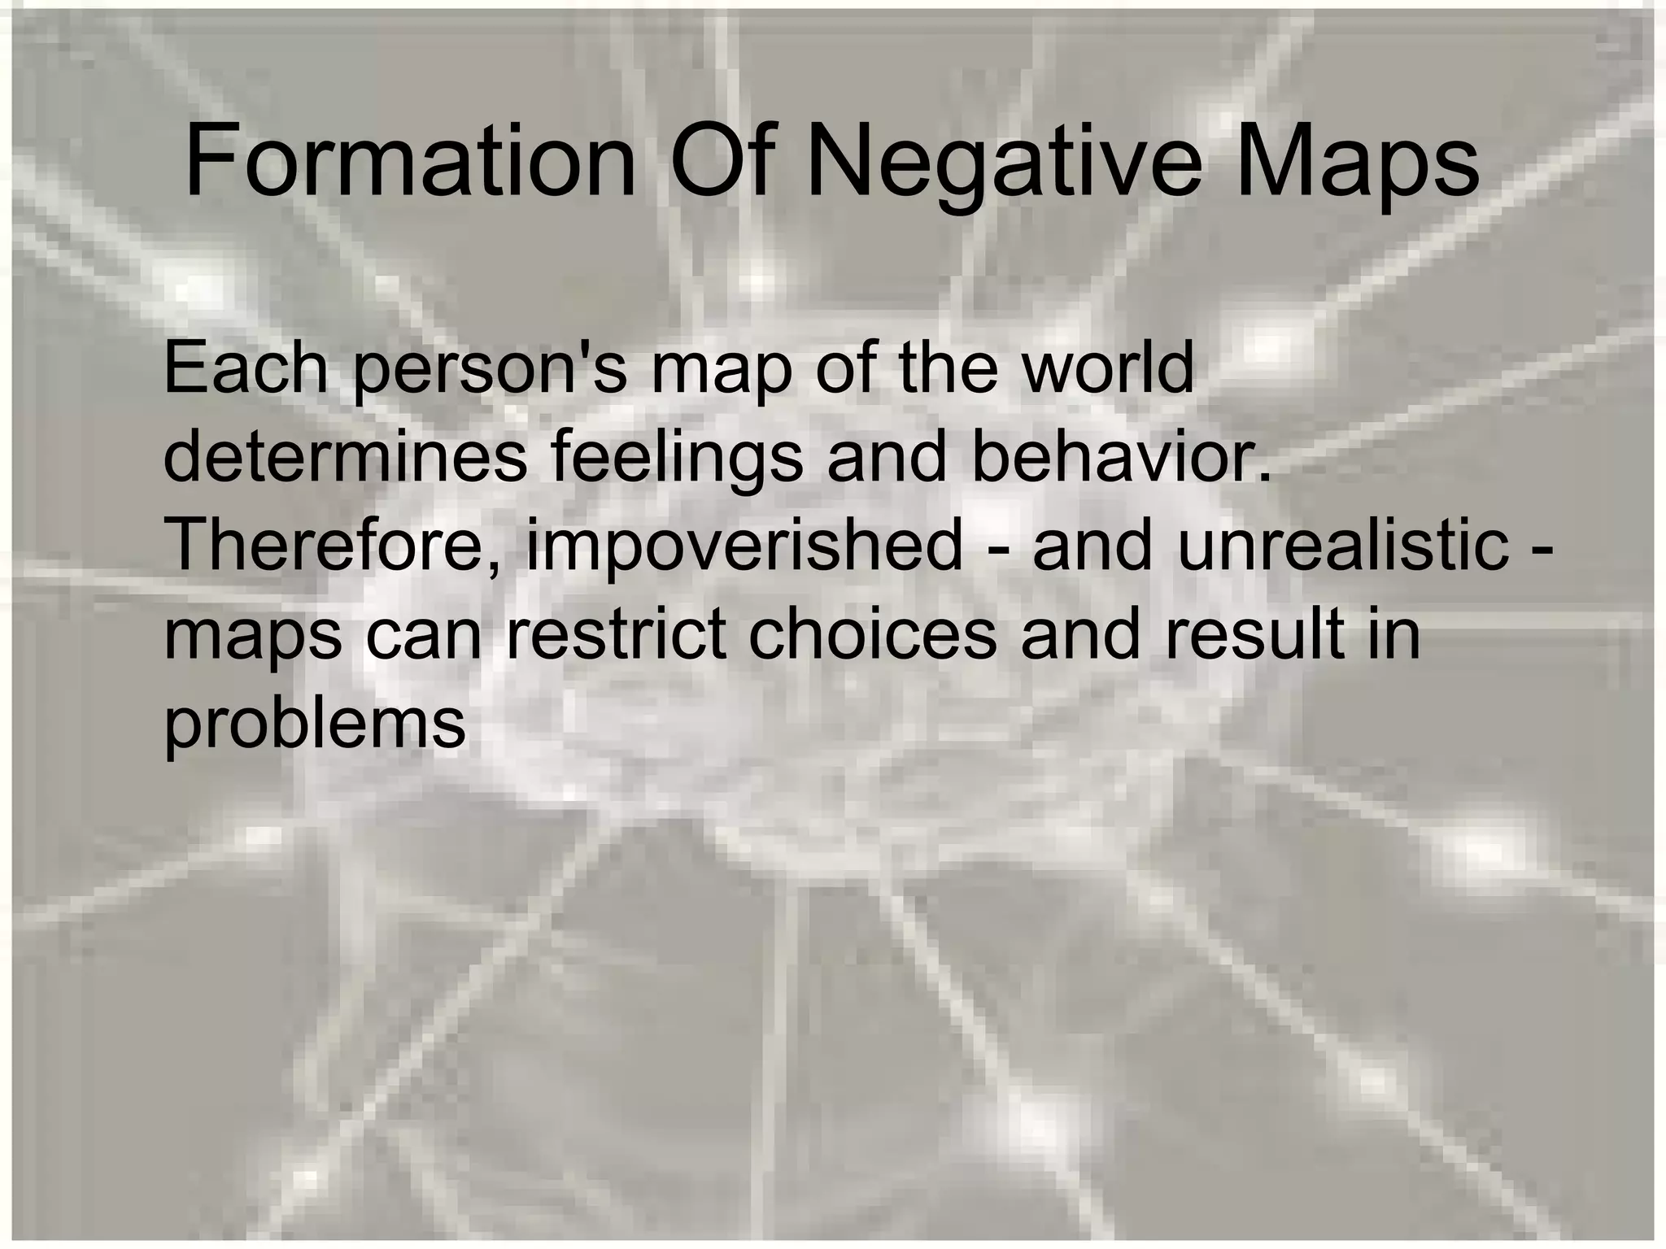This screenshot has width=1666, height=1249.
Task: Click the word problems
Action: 315,725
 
